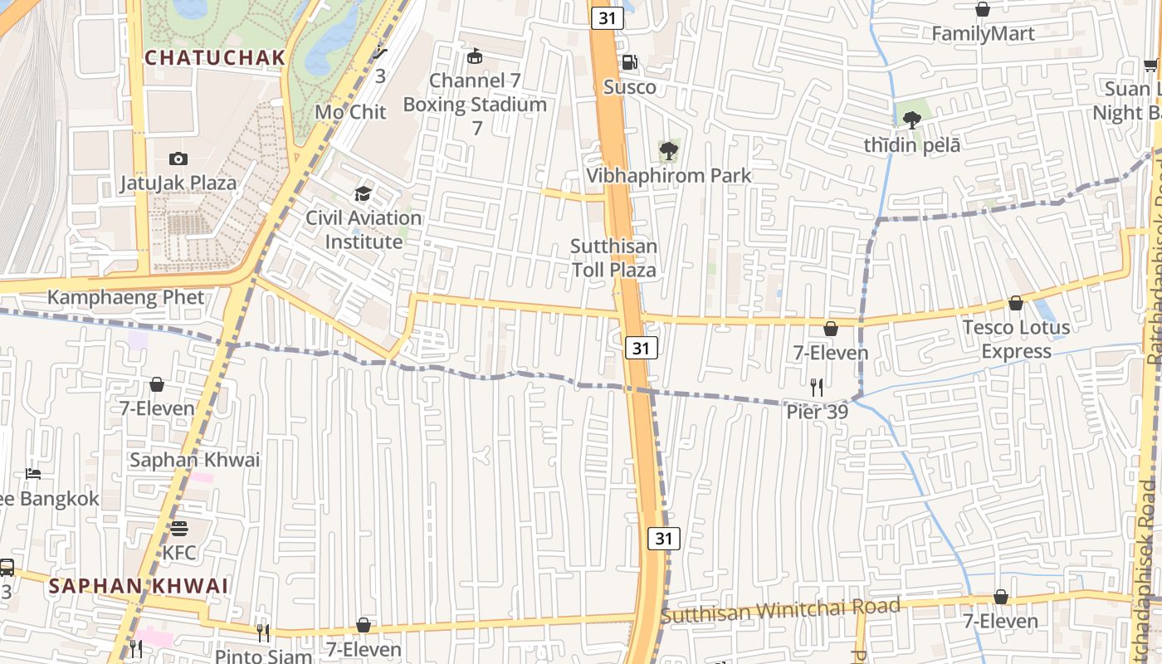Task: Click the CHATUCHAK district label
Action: tap(215, 58)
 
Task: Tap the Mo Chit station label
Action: tap(350, 112)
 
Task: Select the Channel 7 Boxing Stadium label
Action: tap(475, 93)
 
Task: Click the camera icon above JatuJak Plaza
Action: tap(178, 159)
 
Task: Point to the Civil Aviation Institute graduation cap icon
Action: tap(363, 194)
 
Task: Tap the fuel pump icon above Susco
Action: tap(630, 62)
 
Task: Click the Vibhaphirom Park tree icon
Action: tap(668, 151)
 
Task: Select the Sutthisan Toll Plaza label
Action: tap(614, 258)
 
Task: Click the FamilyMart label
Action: tap(983, 34)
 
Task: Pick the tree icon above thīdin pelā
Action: tap(912, 120)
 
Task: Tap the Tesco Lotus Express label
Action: tap(1016, 339)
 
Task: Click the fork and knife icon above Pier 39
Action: tap(817, 387)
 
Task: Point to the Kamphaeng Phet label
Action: tap(125, 297)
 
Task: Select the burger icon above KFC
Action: tap(179, 529)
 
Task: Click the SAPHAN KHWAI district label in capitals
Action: tap(138, 586)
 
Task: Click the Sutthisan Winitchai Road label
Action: tap(780, 611)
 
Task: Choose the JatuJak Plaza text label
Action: tap(178, 183)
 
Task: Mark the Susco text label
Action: tap(629, 87)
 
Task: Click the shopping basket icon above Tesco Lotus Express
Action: tap(1015, 304)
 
